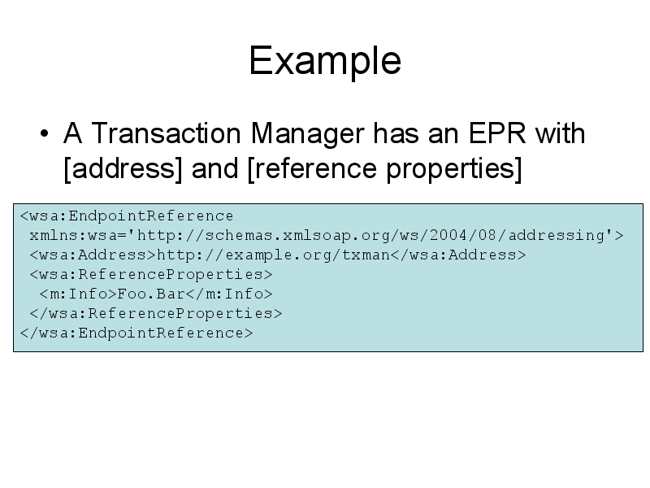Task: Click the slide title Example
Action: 325,60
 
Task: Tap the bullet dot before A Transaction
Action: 45,133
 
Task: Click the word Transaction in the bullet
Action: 166,133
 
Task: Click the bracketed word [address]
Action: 123,168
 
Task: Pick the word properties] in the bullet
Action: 454,169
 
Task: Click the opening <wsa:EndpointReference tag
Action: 127,216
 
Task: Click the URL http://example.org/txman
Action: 274,255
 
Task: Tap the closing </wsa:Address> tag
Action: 458,255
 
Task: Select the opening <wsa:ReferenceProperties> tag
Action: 151,274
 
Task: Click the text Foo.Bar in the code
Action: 151,294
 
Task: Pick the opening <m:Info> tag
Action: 78,294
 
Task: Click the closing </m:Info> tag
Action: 229,294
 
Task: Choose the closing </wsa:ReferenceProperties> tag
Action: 156,313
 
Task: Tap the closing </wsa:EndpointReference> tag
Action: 136,333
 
